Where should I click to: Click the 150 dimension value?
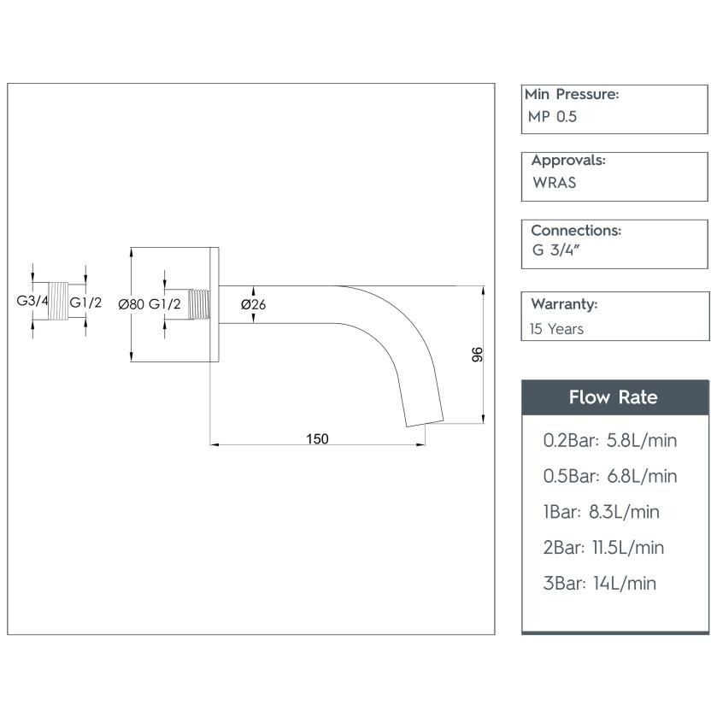317,438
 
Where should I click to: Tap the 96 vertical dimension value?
478,354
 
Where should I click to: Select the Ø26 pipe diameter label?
254,304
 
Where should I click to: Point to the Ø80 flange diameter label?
131,304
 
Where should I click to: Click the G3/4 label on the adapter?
32,302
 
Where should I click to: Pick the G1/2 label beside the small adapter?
85,303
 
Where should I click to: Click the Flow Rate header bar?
614,397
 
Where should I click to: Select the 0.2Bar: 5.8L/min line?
610,440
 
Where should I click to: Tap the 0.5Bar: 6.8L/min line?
610,476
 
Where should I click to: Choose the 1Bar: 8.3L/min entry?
602,512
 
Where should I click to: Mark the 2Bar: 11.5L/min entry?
603,548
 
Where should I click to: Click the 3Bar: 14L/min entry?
600,584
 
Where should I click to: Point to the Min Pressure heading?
573,94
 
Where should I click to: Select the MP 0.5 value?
552,117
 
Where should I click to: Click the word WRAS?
554,183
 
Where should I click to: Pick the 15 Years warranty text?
557,328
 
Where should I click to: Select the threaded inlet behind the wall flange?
199,303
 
